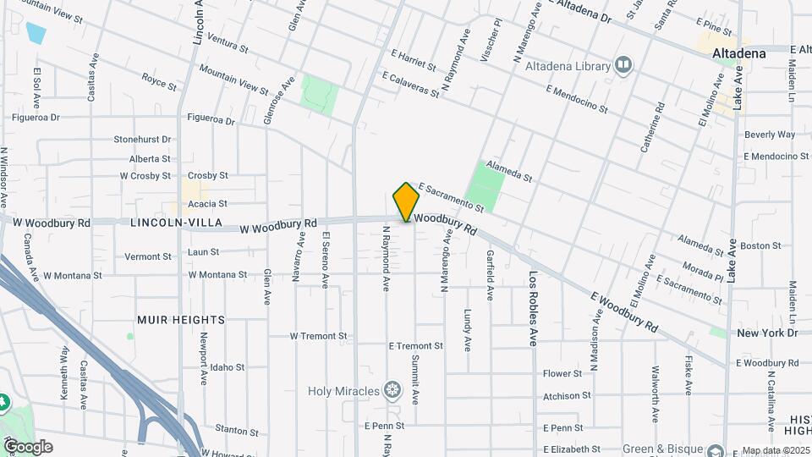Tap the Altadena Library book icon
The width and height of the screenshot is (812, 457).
tap(624, 66)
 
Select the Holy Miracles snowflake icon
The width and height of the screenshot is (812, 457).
tap(391, 390)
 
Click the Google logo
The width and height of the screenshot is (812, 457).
tap(27, 447)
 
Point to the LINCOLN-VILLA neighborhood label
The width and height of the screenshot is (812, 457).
tap(176, 223)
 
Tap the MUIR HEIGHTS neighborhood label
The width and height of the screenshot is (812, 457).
tap(181, 320)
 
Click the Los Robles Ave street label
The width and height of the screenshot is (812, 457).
tap(534, 309)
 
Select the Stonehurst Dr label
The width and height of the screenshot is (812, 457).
tap(142, 139)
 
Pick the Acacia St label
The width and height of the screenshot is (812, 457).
tap(207, 204)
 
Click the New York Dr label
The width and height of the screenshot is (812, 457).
tap(767, 333)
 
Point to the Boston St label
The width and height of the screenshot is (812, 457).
tap(760, 245)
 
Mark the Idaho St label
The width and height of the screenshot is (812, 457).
tap(228, 367)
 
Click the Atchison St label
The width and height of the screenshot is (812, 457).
tap(567, 396)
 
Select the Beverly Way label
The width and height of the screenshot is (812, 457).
tap(769, 135)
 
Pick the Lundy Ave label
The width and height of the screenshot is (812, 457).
tap(467, 330)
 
